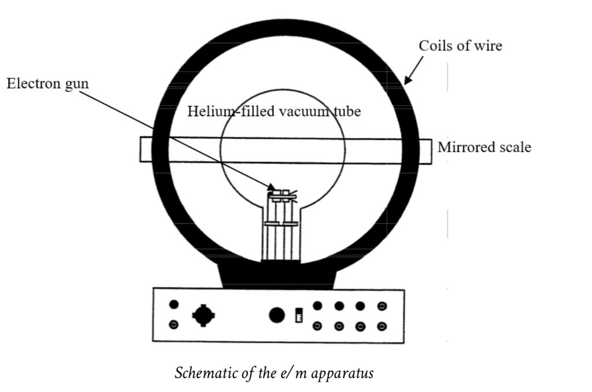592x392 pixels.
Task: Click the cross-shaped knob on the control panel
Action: [203, 315]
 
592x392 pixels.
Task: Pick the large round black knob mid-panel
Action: [277, 315]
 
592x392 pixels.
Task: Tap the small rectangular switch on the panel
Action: [299, 316]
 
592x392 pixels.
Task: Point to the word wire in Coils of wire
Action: [489, 46]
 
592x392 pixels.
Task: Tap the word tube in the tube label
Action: [346, 111]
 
